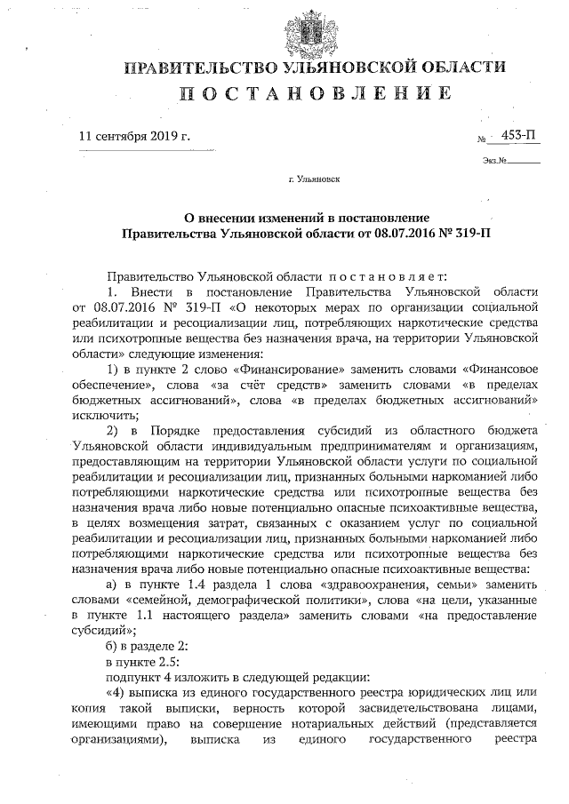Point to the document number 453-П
coord(518,135)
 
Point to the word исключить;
coord(105,415)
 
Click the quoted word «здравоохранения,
coord(385,591)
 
